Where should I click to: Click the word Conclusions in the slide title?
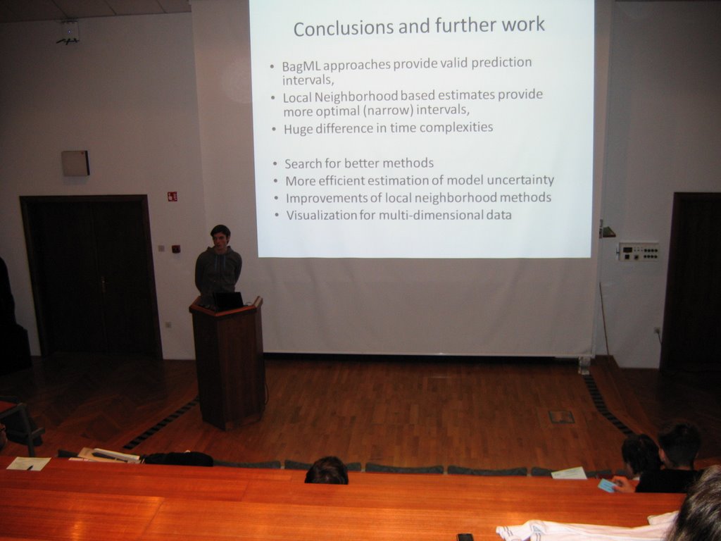(344, 28)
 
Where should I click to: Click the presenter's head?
(220, 236)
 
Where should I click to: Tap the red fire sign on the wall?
(173, 197)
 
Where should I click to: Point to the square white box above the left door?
(75, 163)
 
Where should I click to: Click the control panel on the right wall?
(638, 251)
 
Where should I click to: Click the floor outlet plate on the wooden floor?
(561, 417)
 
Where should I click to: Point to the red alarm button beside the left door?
(175, 249)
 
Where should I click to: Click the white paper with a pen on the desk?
(28, 464)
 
